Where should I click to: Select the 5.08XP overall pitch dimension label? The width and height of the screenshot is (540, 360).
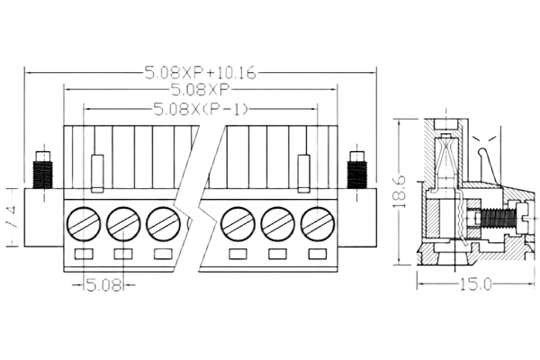[x=200, y=90]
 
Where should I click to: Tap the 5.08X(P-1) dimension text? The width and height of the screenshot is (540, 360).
[x=200, y=110]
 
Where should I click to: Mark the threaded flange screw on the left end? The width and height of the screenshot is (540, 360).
[x=41, y=168]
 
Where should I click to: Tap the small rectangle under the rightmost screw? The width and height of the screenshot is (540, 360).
[x=316, y=256]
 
